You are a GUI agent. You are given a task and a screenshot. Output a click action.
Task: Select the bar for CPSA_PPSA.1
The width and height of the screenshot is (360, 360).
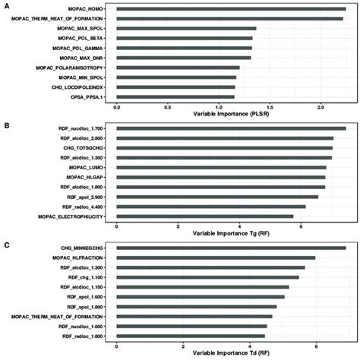point(175,97)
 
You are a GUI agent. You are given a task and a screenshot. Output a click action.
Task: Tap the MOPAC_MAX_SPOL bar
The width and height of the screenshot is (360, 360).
point(186,28)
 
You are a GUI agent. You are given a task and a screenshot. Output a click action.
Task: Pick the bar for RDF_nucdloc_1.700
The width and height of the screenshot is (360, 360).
point(231,128)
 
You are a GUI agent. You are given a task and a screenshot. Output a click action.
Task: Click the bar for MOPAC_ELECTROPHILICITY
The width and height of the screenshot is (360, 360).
point(204,216)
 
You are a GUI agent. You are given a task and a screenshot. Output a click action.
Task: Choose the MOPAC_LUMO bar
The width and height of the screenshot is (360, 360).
point(221,167)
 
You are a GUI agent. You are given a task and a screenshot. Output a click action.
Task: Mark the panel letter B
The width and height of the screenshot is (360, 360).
point(6,123)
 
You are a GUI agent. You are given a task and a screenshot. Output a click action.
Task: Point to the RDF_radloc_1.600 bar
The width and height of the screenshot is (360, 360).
point(191,335)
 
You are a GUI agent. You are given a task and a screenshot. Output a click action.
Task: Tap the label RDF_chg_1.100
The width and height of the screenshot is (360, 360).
point(87,277)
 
